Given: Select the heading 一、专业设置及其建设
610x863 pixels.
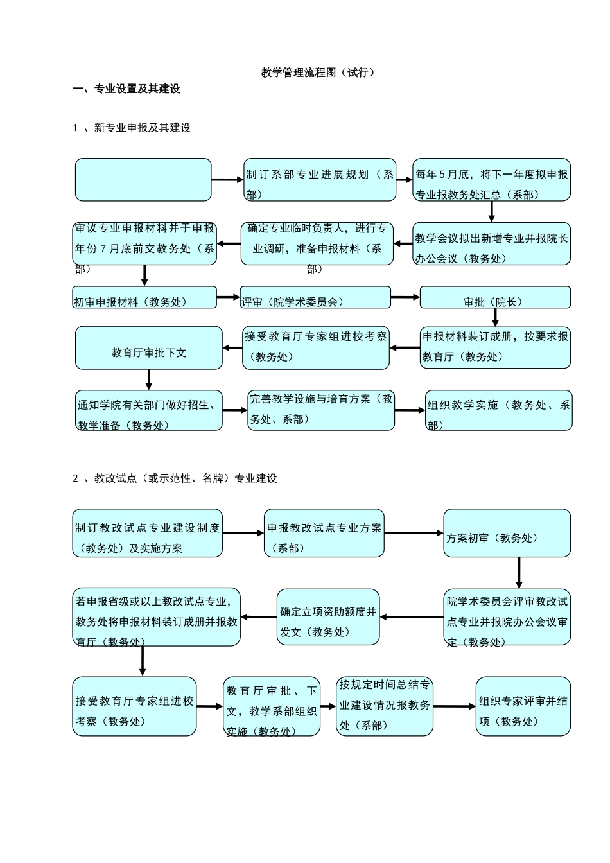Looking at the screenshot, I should coord(126,89).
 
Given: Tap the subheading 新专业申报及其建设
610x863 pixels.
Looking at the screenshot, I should coord(142,128).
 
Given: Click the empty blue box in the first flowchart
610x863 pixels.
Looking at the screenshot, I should coord(143,180).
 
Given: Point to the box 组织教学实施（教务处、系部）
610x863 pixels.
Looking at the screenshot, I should coord(498,410).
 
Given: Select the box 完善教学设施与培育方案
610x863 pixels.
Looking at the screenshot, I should coord(321,410).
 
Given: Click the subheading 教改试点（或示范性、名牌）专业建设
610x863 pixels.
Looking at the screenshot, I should coord(185,478).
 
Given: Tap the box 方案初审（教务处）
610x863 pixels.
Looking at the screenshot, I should coord(507,534).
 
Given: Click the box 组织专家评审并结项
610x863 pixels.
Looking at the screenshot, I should coord(523,706).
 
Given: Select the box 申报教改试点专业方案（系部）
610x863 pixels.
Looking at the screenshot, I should coord(324,534).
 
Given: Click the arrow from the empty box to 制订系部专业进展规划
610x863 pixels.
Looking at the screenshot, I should coord(227,180).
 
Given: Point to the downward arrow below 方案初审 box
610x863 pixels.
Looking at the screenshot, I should coord(519,573).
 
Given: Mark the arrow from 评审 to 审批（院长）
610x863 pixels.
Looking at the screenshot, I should coord(405,297).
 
